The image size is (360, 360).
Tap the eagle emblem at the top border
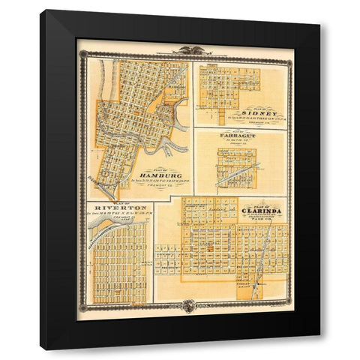pyautogui.click(x=184, y=50)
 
